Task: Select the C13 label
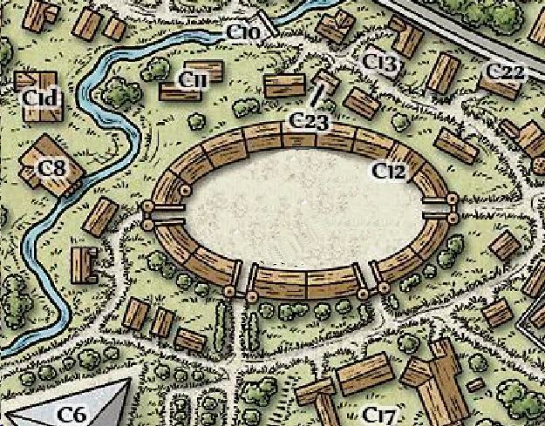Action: click(380, 63)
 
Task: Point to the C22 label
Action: click(506, 72)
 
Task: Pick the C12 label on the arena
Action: click(390, 172)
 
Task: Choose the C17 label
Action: click(381, 412)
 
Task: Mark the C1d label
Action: click(41, 99)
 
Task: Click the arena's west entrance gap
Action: click(166, 210)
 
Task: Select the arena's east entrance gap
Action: click(436, 210)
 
